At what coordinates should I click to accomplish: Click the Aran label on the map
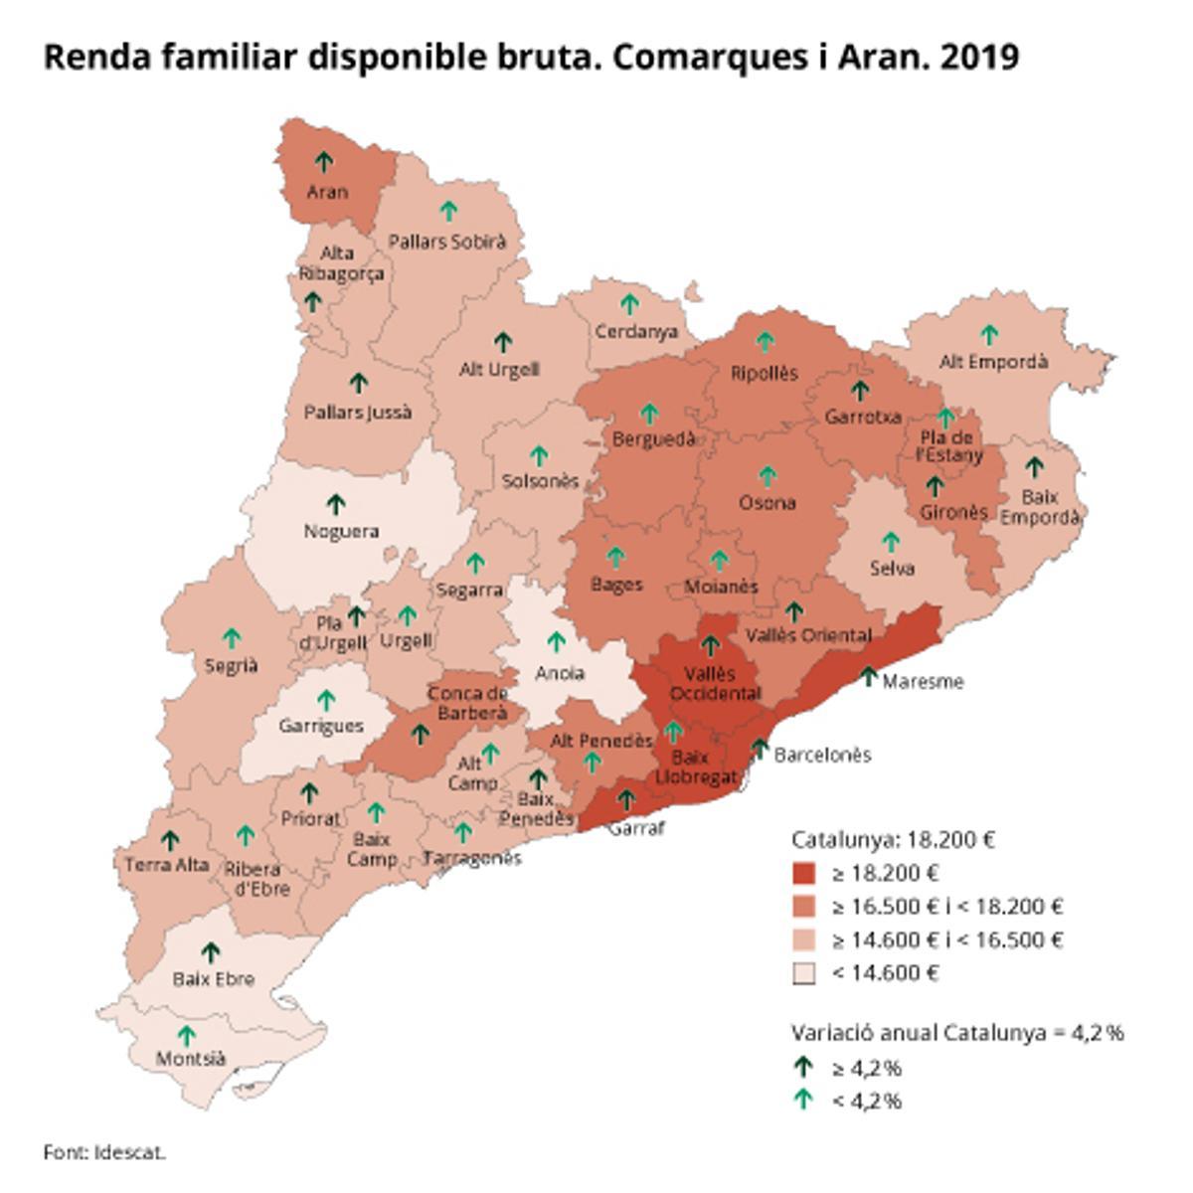pyautogui.click(x=327, y=191)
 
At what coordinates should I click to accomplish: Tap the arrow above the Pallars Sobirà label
pyautogui.click(x=449, y=211)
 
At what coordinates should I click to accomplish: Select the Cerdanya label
pyautogui.click(x=635, y=331)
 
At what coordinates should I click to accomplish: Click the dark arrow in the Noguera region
pyautogui.click(x=336, y=504)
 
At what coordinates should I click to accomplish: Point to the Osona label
pyautogui.click(x=767, y=503)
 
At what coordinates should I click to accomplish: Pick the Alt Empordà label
pyautogui.click(x=993, y=362)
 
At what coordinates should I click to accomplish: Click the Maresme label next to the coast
pyautogui.click(x=923, y=682)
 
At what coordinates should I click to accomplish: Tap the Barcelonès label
pyautogui.click(x=822, y=755)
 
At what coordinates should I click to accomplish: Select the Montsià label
pyautogui.click(x=191, y=1059)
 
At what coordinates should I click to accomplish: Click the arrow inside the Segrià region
pyautogui.click(x=232, y=637)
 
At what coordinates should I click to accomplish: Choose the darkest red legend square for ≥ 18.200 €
pyautogui.click(x=804, y=874)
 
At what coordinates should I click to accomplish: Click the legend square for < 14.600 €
pyautogui.click(x=804, y=973)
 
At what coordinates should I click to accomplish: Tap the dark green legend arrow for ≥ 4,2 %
pyautogui.click(x=803, y=1068)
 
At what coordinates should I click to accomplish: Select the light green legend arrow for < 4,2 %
pyautogui.click(x=803, y=1100)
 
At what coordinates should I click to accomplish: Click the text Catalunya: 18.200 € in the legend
pyautogui.click(x=893, y=839)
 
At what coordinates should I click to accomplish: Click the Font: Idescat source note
pyautogui.click(x=104, y=1153)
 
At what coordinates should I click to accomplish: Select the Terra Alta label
pyautogui.click(x=167, y=865)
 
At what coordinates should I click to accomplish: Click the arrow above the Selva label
pyautogui.click(x=891, y=542)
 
